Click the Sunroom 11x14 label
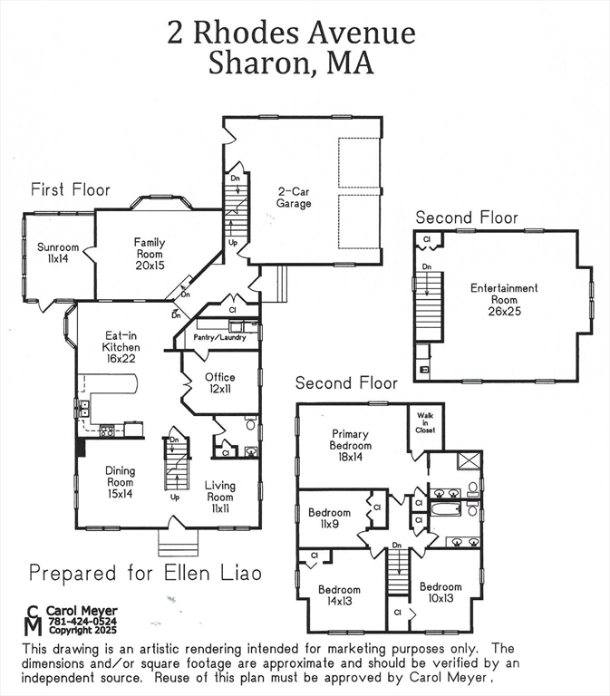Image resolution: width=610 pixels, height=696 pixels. [x=58, y=252]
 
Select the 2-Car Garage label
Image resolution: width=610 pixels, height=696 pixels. [x=295, y=198]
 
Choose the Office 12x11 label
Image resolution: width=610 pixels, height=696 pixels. [x=220, y=382]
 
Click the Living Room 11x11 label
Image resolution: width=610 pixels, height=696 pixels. [x=220, y=490]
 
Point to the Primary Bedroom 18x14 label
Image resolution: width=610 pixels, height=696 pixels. [x=351, y=445]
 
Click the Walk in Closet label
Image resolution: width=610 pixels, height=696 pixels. [x=425, y=423]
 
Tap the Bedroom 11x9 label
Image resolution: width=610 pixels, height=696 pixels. [x=330, y=517]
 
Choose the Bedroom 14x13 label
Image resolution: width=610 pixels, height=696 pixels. [x=339, y=595]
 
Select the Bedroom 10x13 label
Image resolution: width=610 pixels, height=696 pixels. [x=441, y=592]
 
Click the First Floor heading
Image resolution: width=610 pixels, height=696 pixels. [x=71, y=189]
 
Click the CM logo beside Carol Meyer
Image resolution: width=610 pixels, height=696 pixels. [x=33, y=621]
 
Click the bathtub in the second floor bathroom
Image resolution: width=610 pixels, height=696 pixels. [x=446, y=509]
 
